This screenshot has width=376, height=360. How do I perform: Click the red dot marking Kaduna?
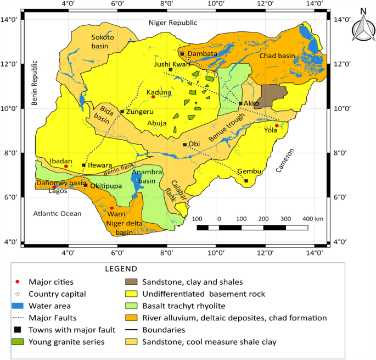(x=153, y=97)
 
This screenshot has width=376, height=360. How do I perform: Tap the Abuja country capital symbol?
(x=155, y=128)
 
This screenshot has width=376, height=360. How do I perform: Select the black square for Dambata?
(x=182, y=54)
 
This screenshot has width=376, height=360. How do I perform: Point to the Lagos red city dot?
(x=54, y=187)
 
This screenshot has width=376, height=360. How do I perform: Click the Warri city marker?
(x=111, y=208)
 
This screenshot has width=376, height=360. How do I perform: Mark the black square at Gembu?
(x=246, y=181)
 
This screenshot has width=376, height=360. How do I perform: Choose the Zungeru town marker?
(x=122, y=112)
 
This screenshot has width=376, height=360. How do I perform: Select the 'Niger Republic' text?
(x=172, y=23)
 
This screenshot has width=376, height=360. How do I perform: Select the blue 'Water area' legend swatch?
(x=18, y=306)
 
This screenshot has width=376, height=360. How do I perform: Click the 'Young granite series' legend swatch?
(x=18, y=342)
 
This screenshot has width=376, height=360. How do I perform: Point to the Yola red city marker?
(x=277, y=126)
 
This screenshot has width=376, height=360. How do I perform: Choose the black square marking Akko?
(x=240, y=103)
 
